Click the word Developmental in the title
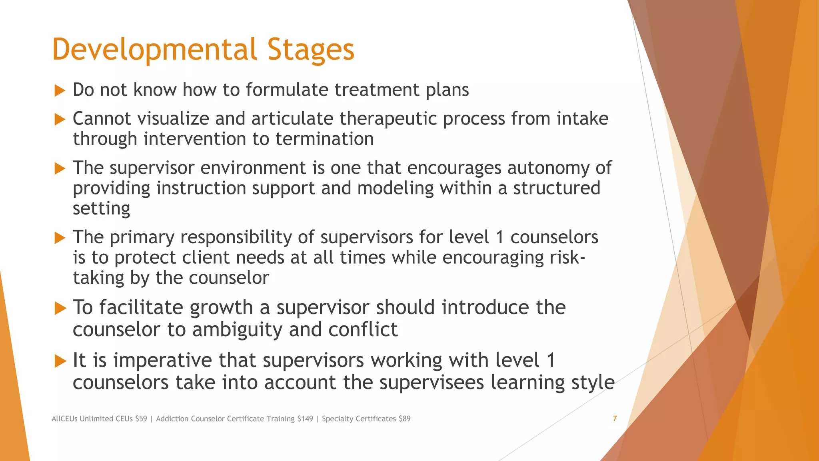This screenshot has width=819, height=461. pos(154,50)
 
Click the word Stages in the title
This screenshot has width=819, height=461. pos(311,50)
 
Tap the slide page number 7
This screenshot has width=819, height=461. pos(615,419)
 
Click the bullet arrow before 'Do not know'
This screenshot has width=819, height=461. pos(60,90)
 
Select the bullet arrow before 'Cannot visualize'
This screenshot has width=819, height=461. pos(60,119)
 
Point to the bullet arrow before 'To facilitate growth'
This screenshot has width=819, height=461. pos(60,308)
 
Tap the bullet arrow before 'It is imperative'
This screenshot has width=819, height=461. pos(60,361)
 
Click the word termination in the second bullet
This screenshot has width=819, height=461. pos(324,139)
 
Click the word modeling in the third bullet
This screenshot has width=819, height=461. pos(395,188)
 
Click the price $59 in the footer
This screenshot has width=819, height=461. pos(141,419)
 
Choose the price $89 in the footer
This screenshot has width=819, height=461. pos(404,419)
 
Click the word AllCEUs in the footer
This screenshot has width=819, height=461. pos(64,419)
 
